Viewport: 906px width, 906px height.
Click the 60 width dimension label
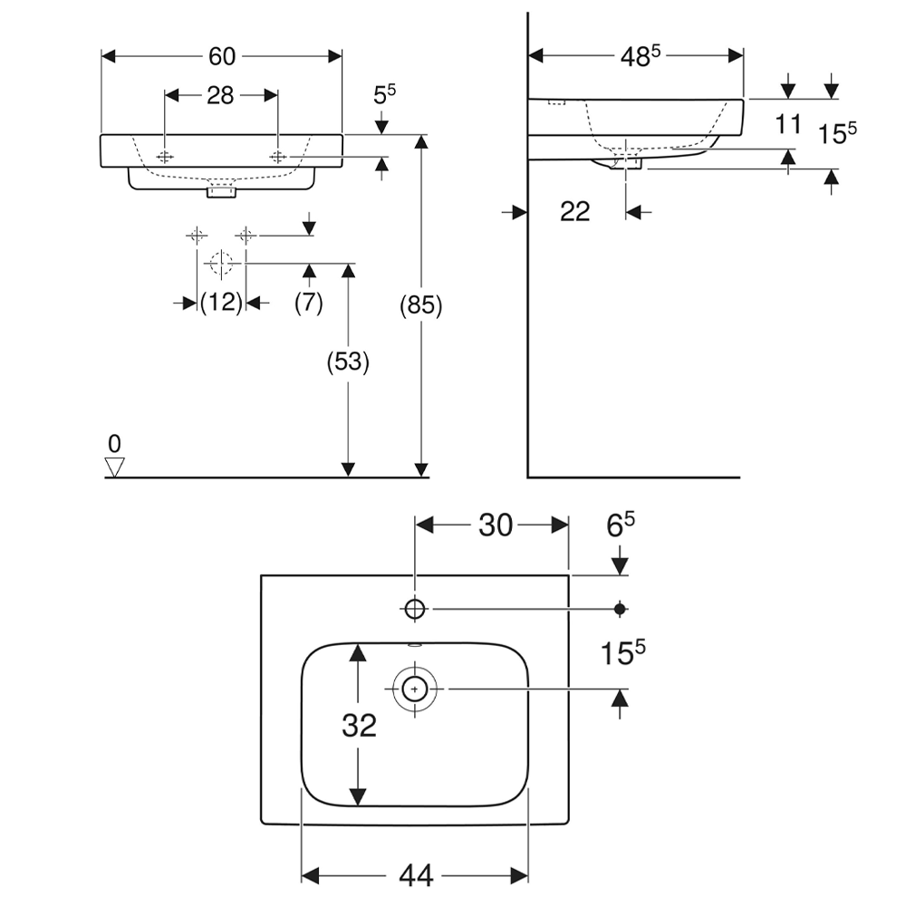point(222,56)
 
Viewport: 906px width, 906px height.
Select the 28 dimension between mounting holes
point(220,95)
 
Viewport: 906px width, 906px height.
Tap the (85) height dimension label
point(421,305)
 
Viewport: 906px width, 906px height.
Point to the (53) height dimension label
point(348,362)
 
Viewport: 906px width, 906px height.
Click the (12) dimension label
point(221,303)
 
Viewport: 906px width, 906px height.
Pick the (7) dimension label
point(309,303)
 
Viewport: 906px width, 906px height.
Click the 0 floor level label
point(114,444)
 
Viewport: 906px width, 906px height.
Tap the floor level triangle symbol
point(114,467)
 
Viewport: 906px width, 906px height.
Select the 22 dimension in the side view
point(575,211)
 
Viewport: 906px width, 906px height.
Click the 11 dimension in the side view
point(787,124)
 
